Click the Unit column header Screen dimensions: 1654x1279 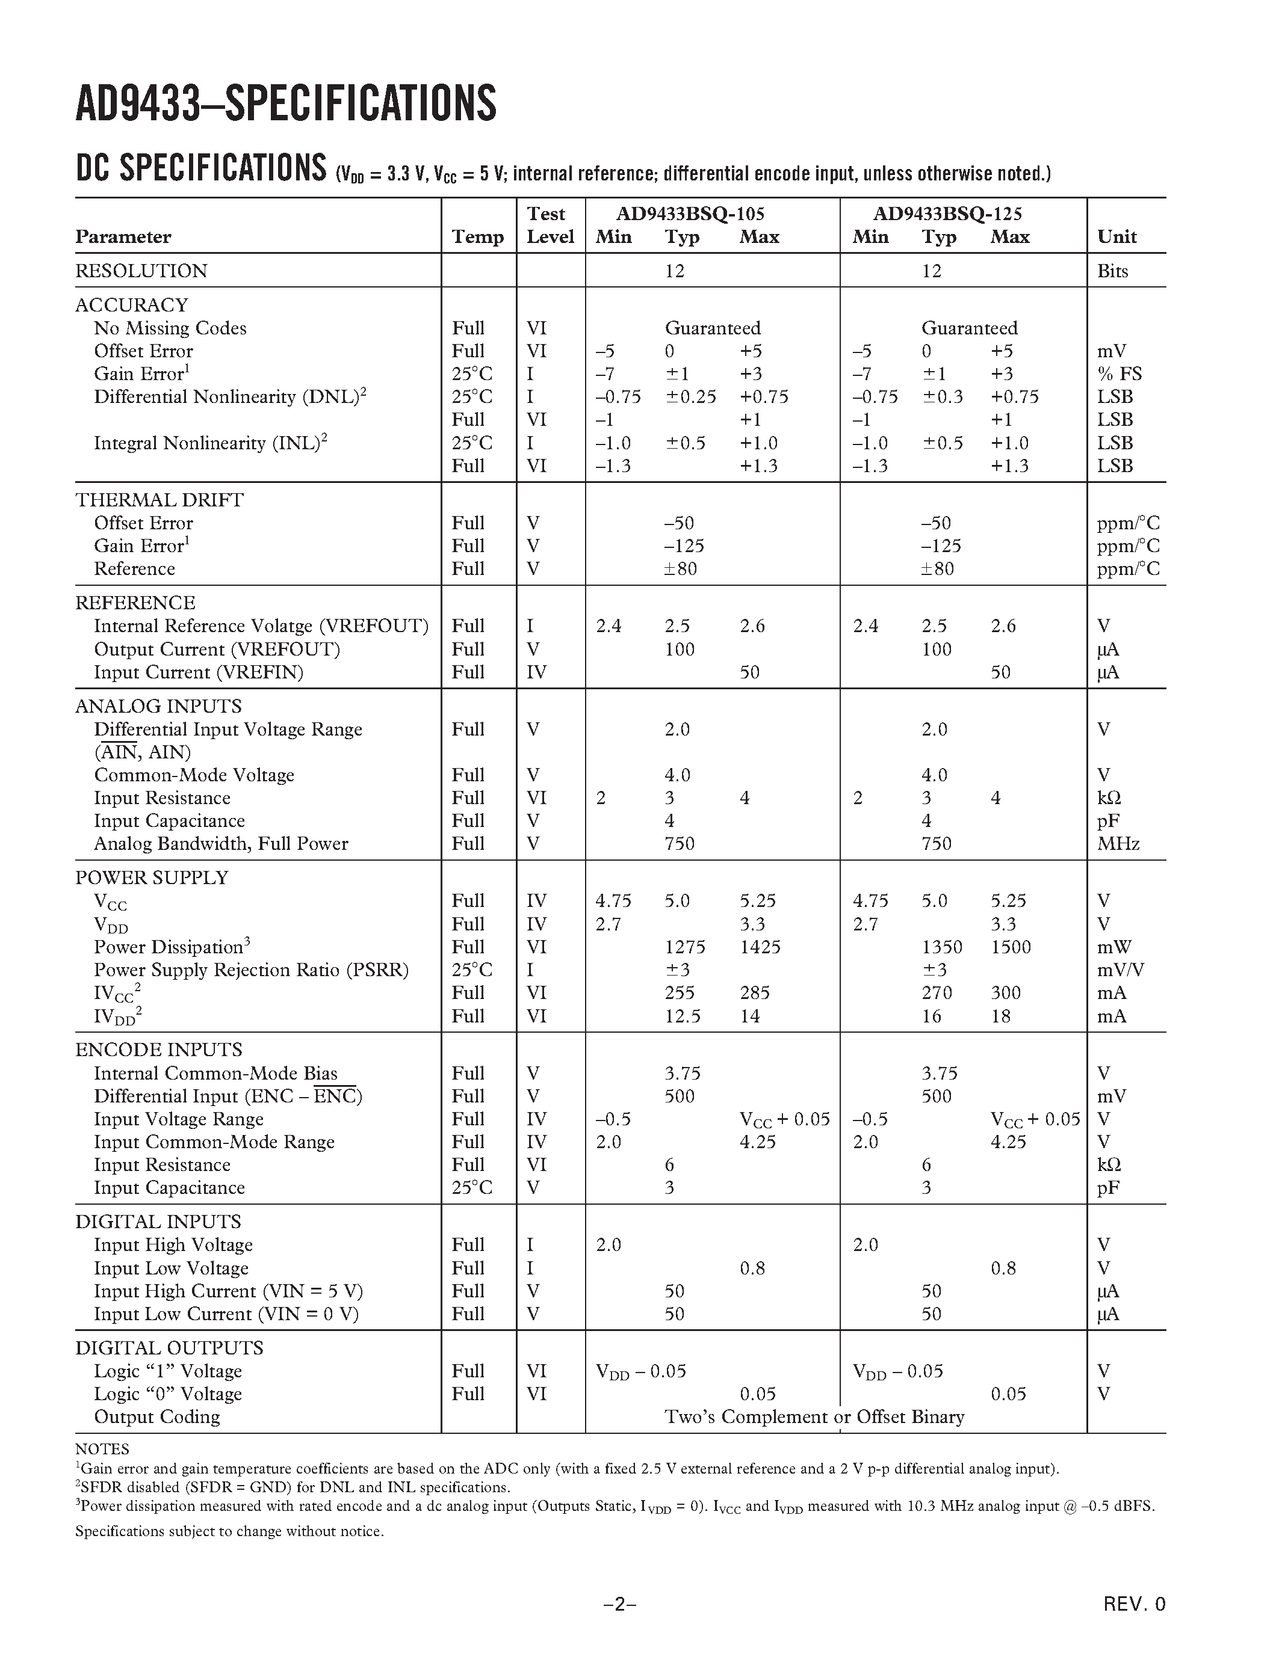click(1117, 237)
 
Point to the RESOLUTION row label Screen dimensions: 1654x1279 click(141, 271)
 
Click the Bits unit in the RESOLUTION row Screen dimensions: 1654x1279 click(1112, 271)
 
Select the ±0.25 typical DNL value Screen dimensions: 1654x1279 click(690, 397)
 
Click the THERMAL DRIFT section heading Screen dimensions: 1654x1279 click(159, 500)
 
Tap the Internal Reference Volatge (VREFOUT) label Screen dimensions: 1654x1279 click(261, 626)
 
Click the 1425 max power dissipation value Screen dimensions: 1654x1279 click(760, 947)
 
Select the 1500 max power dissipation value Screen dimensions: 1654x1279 click(1011, 947)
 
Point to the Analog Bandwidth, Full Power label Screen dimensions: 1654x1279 click(220, 844)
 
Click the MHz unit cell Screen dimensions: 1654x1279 click(1118, 844)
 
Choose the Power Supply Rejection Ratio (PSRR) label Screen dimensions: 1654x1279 click(251, 970)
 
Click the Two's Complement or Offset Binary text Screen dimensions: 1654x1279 click(814, 1417)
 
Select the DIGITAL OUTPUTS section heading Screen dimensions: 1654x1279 click(169, 1348)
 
